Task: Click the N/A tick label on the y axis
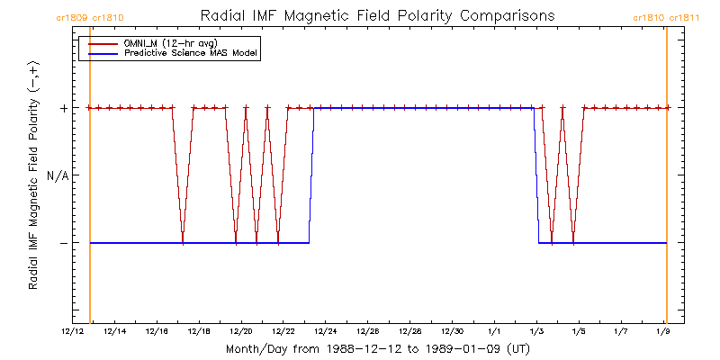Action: [x=58, y=175]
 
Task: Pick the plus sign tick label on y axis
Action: [x=63, y=108]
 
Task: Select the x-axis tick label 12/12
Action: [x=73, y=331]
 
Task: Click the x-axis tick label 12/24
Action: [x=326, y=331]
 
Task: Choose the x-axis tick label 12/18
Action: [x=199, y=331]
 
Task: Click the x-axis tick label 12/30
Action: [x=453, y=331]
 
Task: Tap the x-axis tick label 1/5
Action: [x=579, y=331]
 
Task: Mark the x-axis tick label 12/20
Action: [x=241, y=331]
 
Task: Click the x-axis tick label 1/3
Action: [x=536, y=331]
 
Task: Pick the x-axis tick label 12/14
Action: [x=115, y=331]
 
